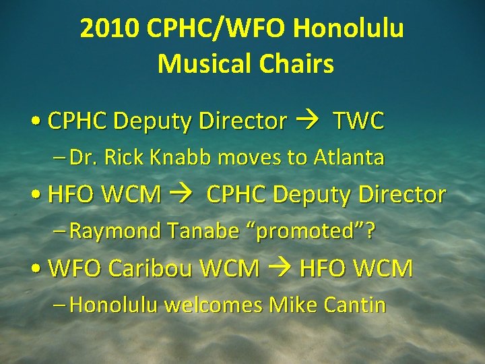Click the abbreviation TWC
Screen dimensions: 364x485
pyautogui.click(x=358, y=121)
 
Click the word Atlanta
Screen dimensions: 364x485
pyautogui.click(x=348, y=158)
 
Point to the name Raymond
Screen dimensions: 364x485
pyautogui.click(x=110, y=231)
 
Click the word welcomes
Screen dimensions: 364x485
pyautogui.click(x=214, y=305)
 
